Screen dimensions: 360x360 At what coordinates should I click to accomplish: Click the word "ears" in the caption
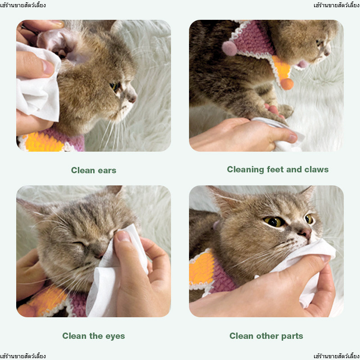107,171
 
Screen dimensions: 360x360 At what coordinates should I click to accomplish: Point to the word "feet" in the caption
275,170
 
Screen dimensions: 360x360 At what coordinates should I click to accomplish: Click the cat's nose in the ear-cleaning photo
133,99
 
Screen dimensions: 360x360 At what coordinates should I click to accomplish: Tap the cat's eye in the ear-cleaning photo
114,86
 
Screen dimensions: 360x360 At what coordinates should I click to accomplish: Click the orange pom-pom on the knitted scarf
287,84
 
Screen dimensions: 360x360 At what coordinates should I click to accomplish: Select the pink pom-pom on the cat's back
229,49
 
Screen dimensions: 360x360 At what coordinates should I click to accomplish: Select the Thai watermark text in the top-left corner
23,5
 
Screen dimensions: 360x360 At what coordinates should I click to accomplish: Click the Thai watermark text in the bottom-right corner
337,356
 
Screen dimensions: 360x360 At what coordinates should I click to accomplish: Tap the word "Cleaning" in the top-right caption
245,170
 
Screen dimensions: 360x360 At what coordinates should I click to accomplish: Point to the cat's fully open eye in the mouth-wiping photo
274,221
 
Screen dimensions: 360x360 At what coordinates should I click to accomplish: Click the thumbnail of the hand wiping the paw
292,139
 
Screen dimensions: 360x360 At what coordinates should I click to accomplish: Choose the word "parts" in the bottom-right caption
292,336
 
